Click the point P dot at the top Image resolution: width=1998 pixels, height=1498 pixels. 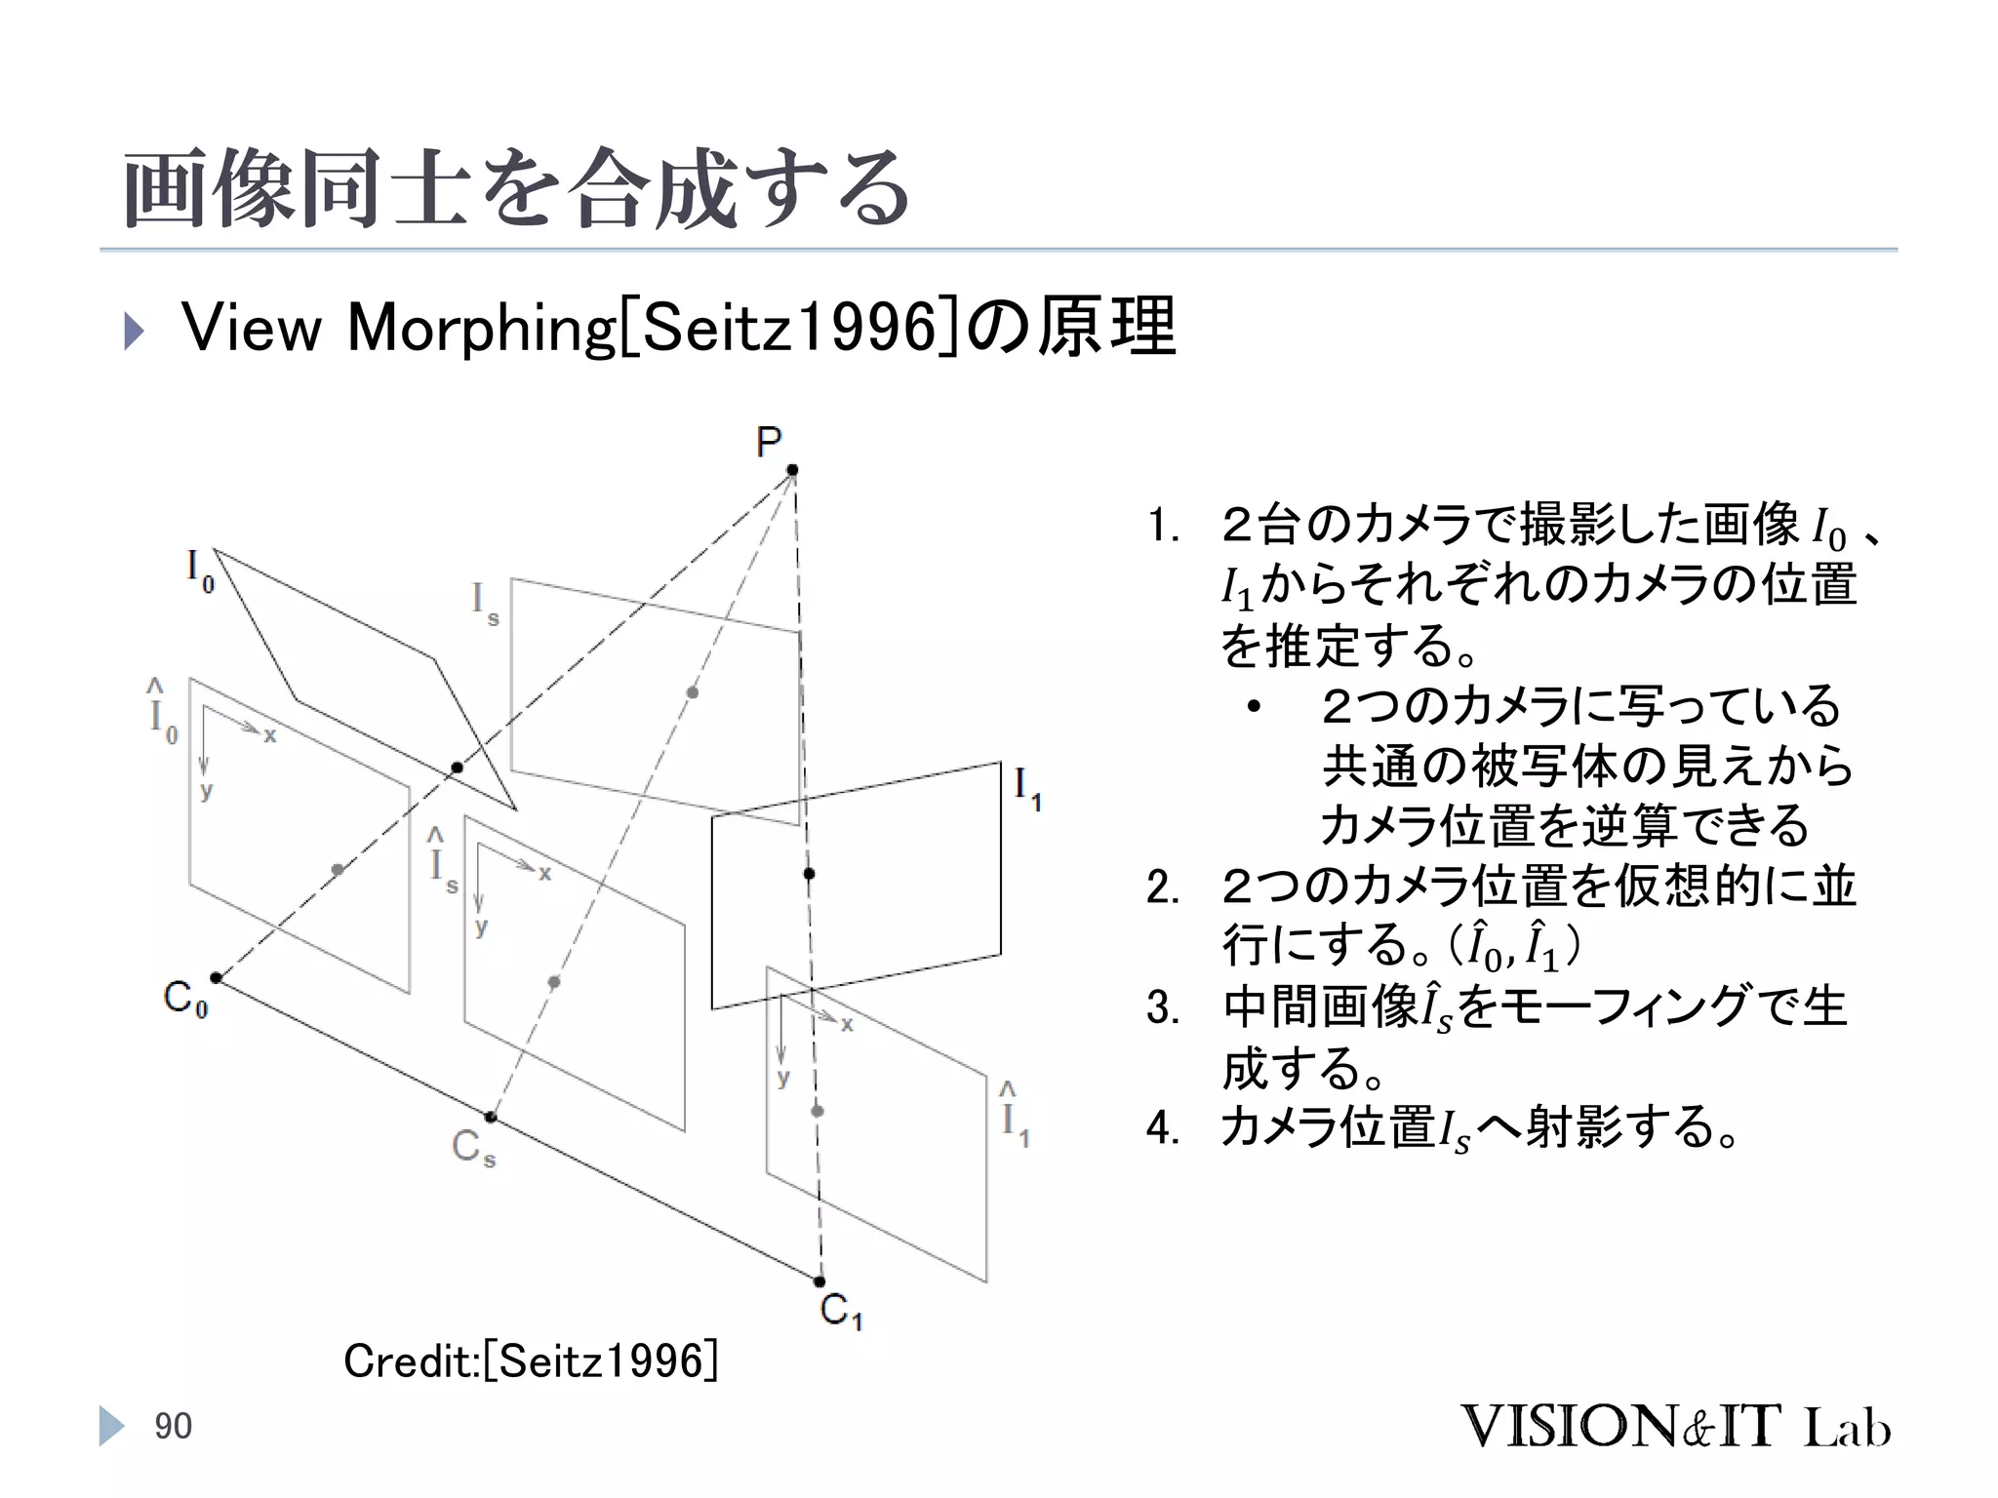click(792, 470)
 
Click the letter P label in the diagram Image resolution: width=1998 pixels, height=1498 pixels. click(769, 442)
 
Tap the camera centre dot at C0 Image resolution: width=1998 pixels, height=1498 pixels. click(217, 977)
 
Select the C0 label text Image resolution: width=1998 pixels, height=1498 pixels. click(185, 1000)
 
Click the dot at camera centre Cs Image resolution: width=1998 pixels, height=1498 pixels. click(491, 1117)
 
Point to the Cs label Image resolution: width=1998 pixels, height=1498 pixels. click(473, 1148)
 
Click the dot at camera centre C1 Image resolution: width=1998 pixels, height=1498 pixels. click(819, 1281)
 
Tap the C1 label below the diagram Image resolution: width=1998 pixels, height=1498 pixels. click(841, 1311)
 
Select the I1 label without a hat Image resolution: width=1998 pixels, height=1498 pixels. click(1027, 787)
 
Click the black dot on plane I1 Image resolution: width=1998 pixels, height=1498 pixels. click(809, 873)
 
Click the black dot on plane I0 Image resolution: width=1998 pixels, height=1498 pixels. click(457, 768)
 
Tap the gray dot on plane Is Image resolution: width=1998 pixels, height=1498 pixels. click(692, 692)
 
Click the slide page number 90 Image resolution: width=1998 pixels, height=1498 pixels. click(173, 1427)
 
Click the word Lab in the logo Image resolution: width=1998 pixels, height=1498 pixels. click(1847, 1428)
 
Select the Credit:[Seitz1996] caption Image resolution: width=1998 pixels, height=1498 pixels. click(531, 1360)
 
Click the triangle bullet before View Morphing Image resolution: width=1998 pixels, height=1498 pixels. click(134, 331)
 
